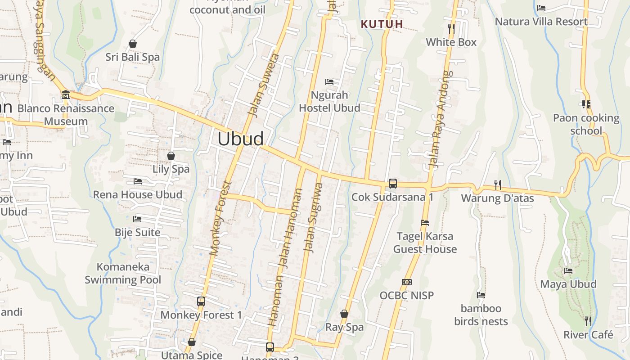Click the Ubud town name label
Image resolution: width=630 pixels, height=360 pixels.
[241, 139]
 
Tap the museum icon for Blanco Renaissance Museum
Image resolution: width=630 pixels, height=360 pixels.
[66, 95]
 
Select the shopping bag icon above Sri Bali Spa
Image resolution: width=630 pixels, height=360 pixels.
[133, 44]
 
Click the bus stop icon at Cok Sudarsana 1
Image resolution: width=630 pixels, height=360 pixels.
[393, 184]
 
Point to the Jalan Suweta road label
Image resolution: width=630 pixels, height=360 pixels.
[264, 85]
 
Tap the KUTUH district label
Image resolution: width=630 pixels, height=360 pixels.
[382, 24]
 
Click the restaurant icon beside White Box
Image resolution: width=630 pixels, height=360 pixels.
[451, 29]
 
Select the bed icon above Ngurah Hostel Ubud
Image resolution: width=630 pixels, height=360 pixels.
[329, 82]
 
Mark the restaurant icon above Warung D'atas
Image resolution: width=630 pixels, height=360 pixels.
[497, 184]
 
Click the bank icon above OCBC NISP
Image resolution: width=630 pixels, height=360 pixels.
[407, 282]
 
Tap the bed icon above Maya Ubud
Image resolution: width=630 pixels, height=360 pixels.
[568, 271]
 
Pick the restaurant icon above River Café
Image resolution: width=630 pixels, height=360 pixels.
[588, 321]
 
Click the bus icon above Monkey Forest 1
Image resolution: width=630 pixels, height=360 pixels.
[201, 301]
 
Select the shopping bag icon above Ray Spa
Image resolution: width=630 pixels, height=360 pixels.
[344, 314]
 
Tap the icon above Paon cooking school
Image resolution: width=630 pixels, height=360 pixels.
[586, 104]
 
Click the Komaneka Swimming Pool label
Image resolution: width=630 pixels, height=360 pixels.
[123, 273]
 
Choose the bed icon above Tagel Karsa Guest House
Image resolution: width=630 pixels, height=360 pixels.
[424, 223]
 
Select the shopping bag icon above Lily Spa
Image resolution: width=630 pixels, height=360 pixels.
[171, 156]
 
